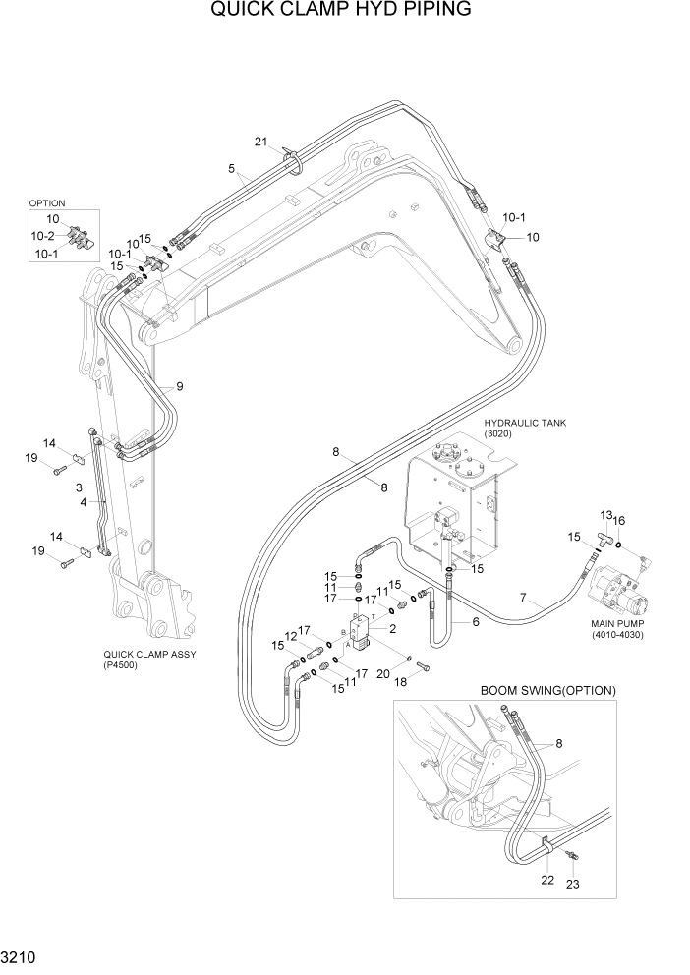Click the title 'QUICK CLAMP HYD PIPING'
pos(341,11)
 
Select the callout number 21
pos(261,142)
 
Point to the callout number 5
pos(232,169)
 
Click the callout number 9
pos(179,386)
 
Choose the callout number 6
pos(475,622)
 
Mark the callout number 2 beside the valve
pos(392,629)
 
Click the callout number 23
pos(572,884)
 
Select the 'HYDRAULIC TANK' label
pos(525,424)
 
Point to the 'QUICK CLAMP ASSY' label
pos(145,653)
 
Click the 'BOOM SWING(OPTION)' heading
pos(547,690)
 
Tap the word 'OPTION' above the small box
pos(46,203)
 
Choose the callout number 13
pos(606,515)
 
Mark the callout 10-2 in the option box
pos(42,236)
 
